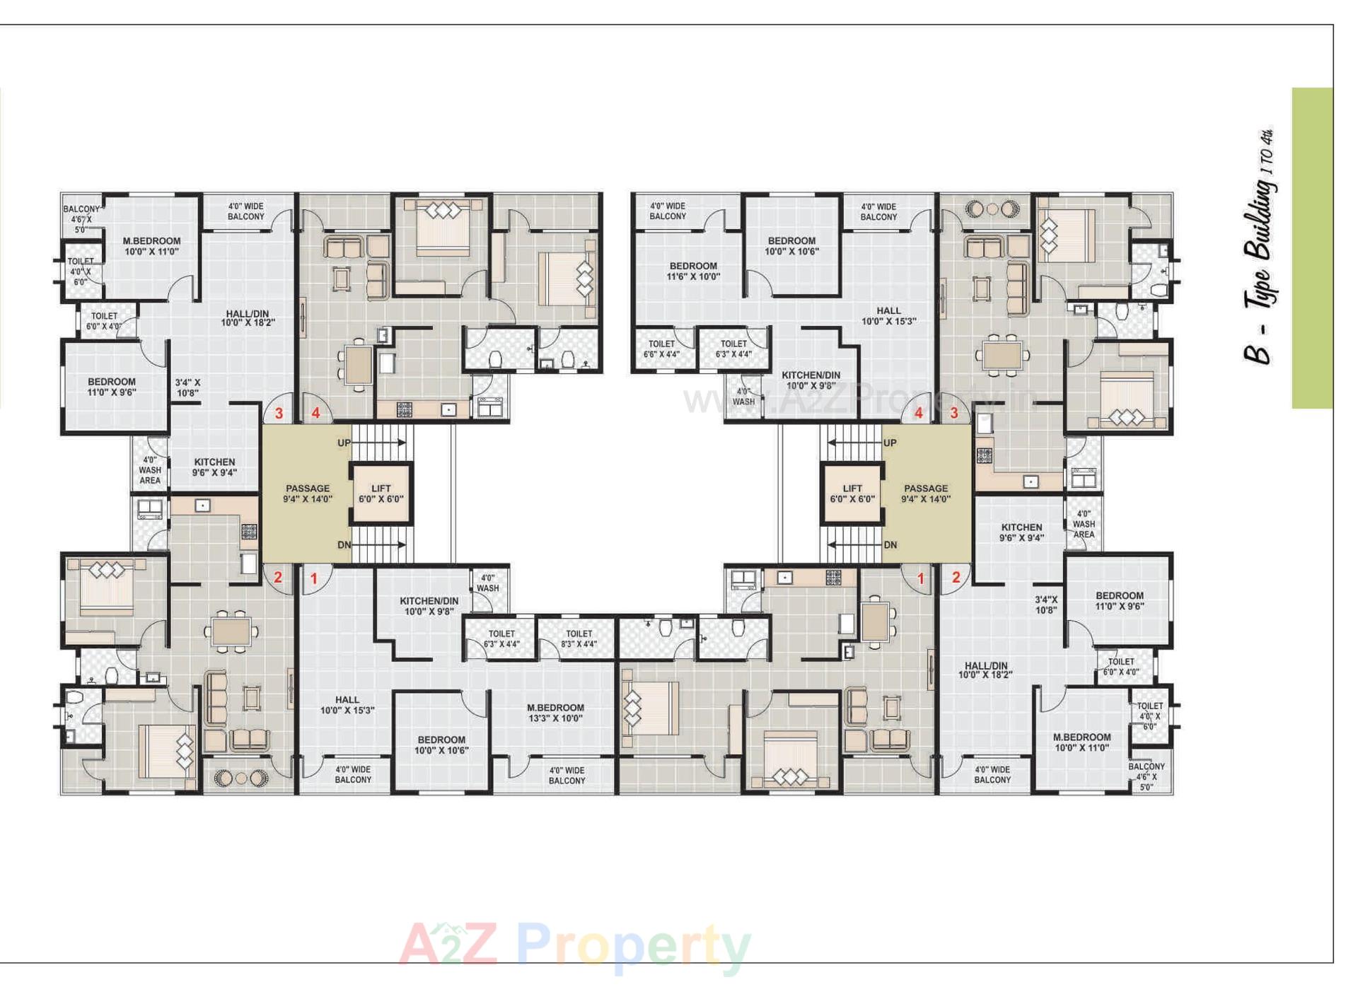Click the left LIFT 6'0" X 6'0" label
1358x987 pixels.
point(381,493)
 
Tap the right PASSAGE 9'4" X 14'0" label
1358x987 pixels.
point(925,493)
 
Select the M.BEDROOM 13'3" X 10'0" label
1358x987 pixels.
point(555,713)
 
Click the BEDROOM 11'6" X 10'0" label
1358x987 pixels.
point(693,271)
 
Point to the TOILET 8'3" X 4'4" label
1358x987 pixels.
point(579,638)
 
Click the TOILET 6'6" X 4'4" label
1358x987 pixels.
point(661,349)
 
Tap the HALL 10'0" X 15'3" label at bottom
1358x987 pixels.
point(347,705)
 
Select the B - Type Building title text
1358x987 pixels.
point(1262,247)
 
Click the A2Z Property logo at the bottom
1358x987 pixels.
point(574,946)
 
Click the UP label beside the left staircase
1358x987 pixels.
point(344,443)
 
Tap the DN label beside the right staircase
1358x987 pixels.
point(890,545)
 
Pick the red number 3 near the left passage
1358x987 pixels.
point(279,414)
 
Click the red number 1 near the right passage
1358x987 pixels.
point(920,578)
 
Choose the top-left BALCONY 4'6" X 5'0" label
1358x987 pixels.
point(81,219)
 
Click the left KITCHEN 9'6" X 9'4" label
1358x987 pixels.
point(214,467)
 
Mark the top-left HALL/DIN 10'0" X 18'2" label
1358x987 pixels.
point(248,318)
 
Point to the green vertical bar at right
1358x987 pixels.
point(1312,247)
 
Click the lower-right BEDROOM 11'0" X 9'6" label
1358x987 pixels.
point(1119,601)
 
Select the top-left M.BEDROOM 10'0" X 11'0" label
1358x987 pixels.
point(151,246)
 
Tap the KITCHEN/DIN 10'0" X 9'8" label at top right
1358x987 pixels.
point(811,380)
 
